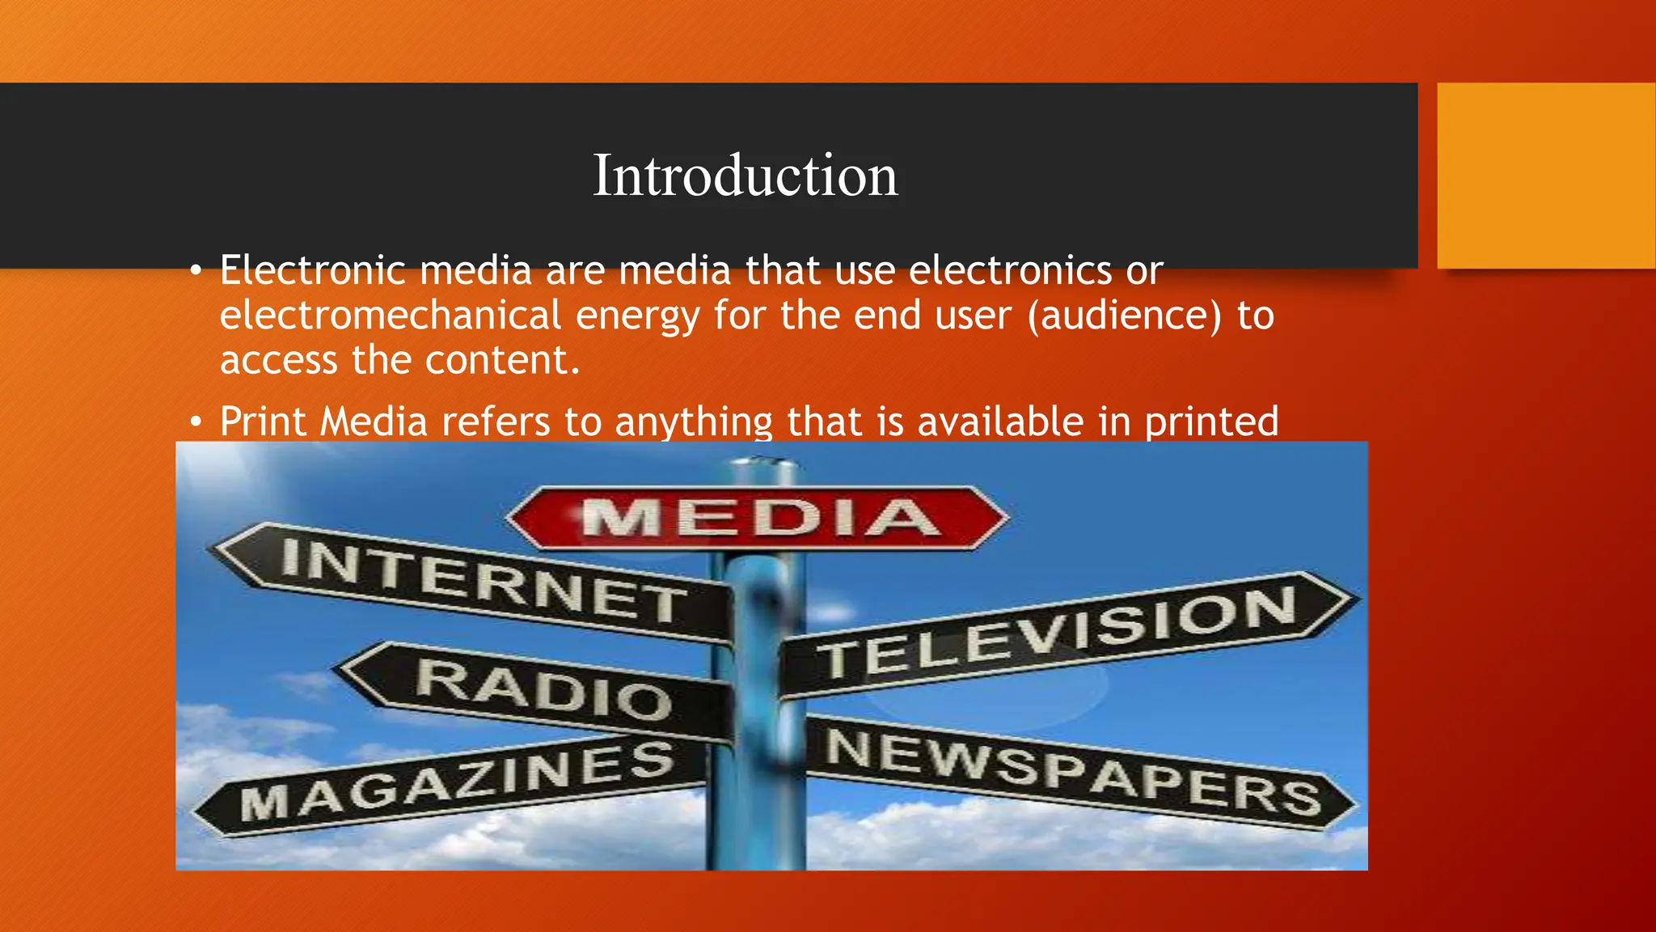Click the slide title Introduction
(745, 176)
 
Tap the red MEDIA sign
(758, 518)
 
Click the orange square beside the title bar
(1546, 176)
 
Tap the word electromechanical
(391, 315)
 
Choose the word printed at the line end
(1211, 422)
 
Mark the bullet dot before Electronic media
(196, 272)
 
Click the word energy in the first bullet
(637, 316)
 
